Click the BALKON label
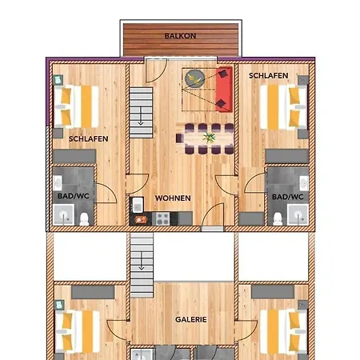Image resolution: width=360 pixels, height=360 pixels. [180, 36]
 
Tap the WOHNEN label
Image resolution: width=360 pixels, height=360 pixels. [173, 198]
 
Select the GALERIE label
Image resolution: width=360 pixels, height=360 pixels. [191, 319]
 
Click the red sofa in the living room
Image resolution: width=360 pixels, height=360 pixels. [224, 90]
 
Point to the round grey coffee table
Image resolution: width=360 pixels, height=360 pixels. [195, 78]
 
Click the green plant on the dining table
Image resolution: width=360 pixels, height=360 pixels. [210, 138]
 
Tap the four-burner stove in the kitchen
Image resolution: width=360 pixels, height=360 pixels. [163, 218]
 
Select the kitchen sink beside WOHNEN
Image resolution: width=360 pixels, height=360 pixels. [138, 205]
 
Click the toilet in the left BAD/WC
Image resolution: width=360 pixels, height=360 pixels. [85, 219]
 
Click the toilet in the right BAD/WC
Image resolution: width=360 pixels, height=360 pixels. [278, 219]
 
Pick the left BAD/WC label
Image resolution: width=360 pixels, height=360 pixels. [74, 196]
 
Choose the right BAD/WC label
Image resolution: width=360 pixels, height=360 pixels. [288, 197]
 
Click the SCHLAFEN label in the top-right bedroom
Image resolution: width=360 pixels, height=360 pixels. [269, 76]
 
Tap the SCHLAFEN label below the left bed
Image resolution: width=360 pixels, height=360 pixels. [89, 138]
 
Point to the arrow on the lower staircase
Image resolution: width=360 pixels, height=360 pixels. [142, 261]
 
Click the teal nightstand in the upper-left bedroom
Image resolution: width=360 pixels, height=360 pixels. [58, 79]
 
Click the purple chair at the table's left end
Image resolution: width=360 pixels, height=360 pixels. [179, 138]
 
